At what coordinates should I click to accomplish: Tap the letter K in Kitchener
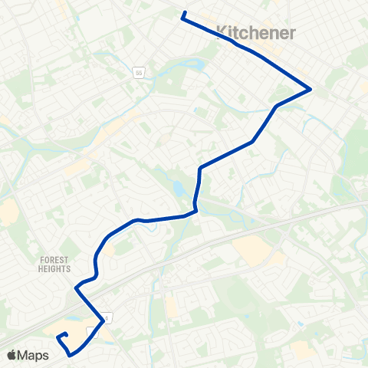pos(223,32)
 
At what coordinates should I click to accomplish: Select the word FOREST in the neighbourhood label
pos(54,260)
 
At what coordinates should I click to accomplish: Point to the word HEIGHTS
pos(54,269)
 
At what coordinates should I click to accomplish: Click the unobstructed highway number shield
pos(139,73)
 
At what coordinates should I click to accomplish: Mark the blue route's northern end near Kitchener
pos(182,13)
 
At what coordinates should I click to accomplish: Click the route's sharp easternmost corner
pos(310,89)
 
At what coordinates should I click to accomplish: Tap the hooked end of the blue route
pos(59,337)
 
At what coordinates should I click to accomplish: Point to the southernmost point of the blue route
pos(71,356)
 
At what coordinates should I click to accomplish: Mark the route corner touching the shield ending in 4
pos(103,320)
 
